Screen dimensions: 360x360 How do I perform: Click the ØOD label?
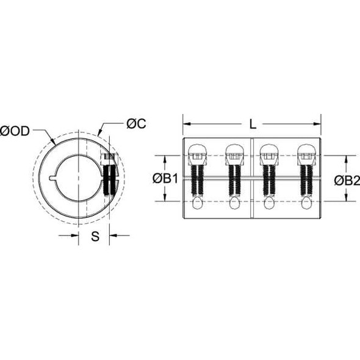16,131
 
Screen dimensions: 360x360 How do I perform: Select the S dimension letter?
95,237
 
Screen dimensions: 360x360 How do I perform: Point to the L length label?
253,124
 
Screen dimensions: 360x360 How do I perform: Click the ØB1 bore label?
165,178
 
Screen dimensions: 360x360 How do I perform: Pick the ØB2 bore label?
347,178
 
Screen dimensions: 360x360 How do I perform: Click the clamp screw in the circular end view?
110,177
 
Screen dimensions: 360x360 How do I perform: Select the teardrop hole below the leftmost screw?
198,204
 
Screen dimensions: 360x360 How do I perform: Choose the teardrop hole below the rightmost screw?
304,204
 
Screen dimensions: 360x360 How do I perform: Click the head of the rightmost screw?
304,152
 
